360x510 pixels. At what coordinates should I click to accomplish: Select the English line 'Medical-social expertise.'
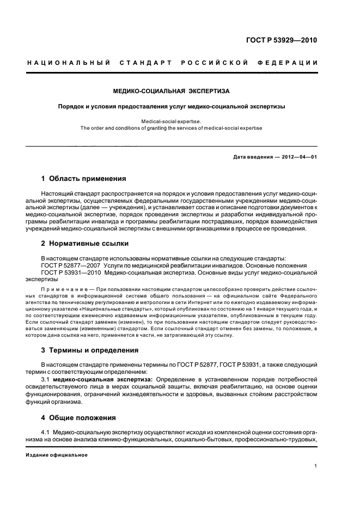point(171,121)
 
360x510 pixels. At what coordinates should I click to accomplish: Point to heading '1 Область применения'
point(84,178)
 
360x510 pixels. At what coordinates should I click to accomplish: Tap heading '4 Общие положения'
point(78,418)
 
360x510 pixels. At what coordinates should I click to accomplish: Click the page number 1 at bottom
point(316,466)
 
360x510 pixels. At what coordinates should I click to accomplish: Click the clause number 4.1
point(46,432)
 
